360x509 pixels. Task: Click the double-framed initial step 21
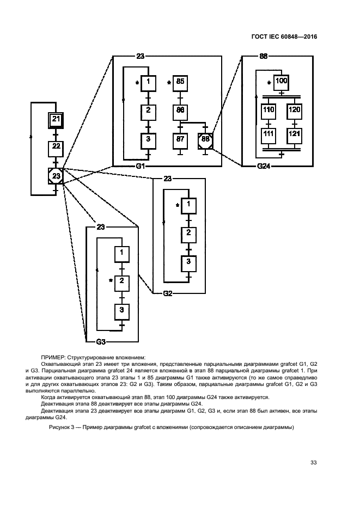click(x=57, y=120)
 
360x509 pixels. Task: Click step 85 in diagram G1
click(x=180, y=83)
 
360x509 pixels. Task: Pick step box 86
click(x=180, y=111)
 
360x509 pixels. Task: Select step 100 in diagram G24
click(x=281, y=83)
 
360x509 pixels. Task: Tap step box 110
click(x=269, y=111)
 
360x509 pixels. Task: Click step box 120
click(x=294, y=111)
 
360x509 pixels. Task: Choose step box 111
click(x=269, y=134)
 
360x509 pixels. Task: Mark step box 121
click(x=294, y=134)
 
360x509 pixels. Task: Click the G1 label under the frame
click(x=140, y=166)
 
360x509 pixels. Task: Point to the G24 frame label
click(x=264, y=166)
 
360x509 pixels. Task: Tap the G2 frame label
click(x=168, y=293)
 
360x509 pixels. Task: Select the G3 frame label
click(x=101, y=342)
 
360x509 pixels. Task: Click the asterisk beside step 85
click(x=169, y=84)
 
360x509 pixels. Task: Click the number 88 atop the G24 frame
click(x=264, y=56)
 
